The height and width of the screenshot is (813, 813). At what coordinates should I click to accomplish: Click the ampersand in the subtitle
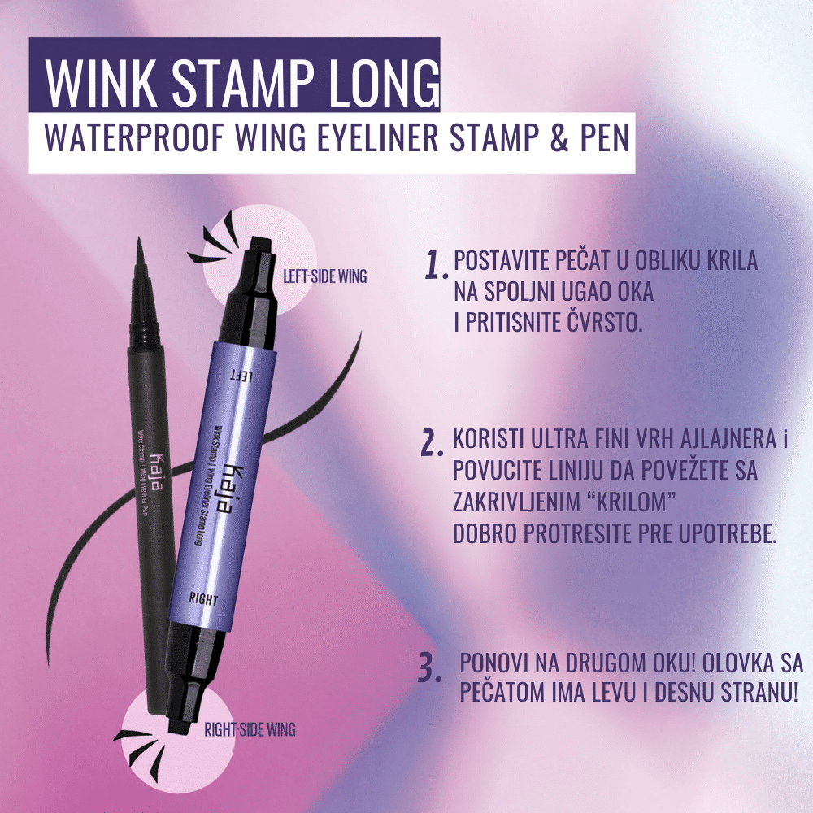pyautogui.click(x=559, y=138)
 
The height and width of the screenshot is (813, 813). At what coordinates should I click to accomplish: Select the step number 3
pyautogui.click(x=430, y=668)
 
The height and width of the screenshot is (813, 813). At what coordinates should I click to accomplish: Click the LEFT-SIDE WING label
pyautogui.click(x=324, y=276)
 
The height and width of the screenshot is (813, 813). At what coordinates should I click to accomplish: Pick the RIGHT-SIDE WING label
pyautogui.click(x=250, y=730)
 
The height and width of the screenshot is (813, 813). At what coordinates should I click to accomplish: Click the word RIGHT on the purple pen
pyautogui.click(x=203, y=599)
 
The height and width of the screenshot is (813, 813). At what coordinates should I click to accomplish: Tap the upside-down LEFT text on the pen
pyautogui.click(x=241, y=376)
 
